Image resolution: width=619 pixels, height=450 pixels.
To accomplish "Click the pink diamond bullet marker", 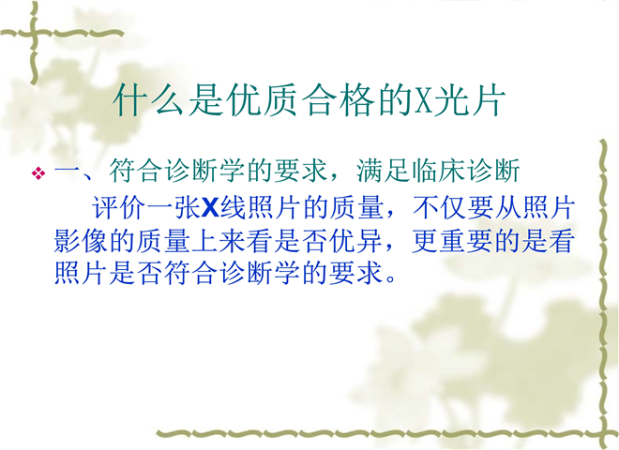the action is (x=38, y=172).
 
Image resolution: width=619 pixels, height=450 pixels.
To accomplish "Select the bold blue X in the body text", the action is (x=210, y=207).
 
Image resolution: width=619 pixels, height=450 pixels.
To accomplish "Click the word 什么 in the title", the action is (x=147, y=100).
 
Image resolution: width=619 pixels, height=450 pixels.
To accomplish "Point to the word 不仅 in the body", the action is (x=439, y=207).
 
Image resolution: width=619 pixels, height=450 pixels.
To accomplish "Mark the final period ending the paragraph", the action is (x=391, y=279).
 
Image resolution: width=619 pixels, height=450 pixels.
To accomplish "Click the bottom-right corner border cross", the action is (x=603, y=433).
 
